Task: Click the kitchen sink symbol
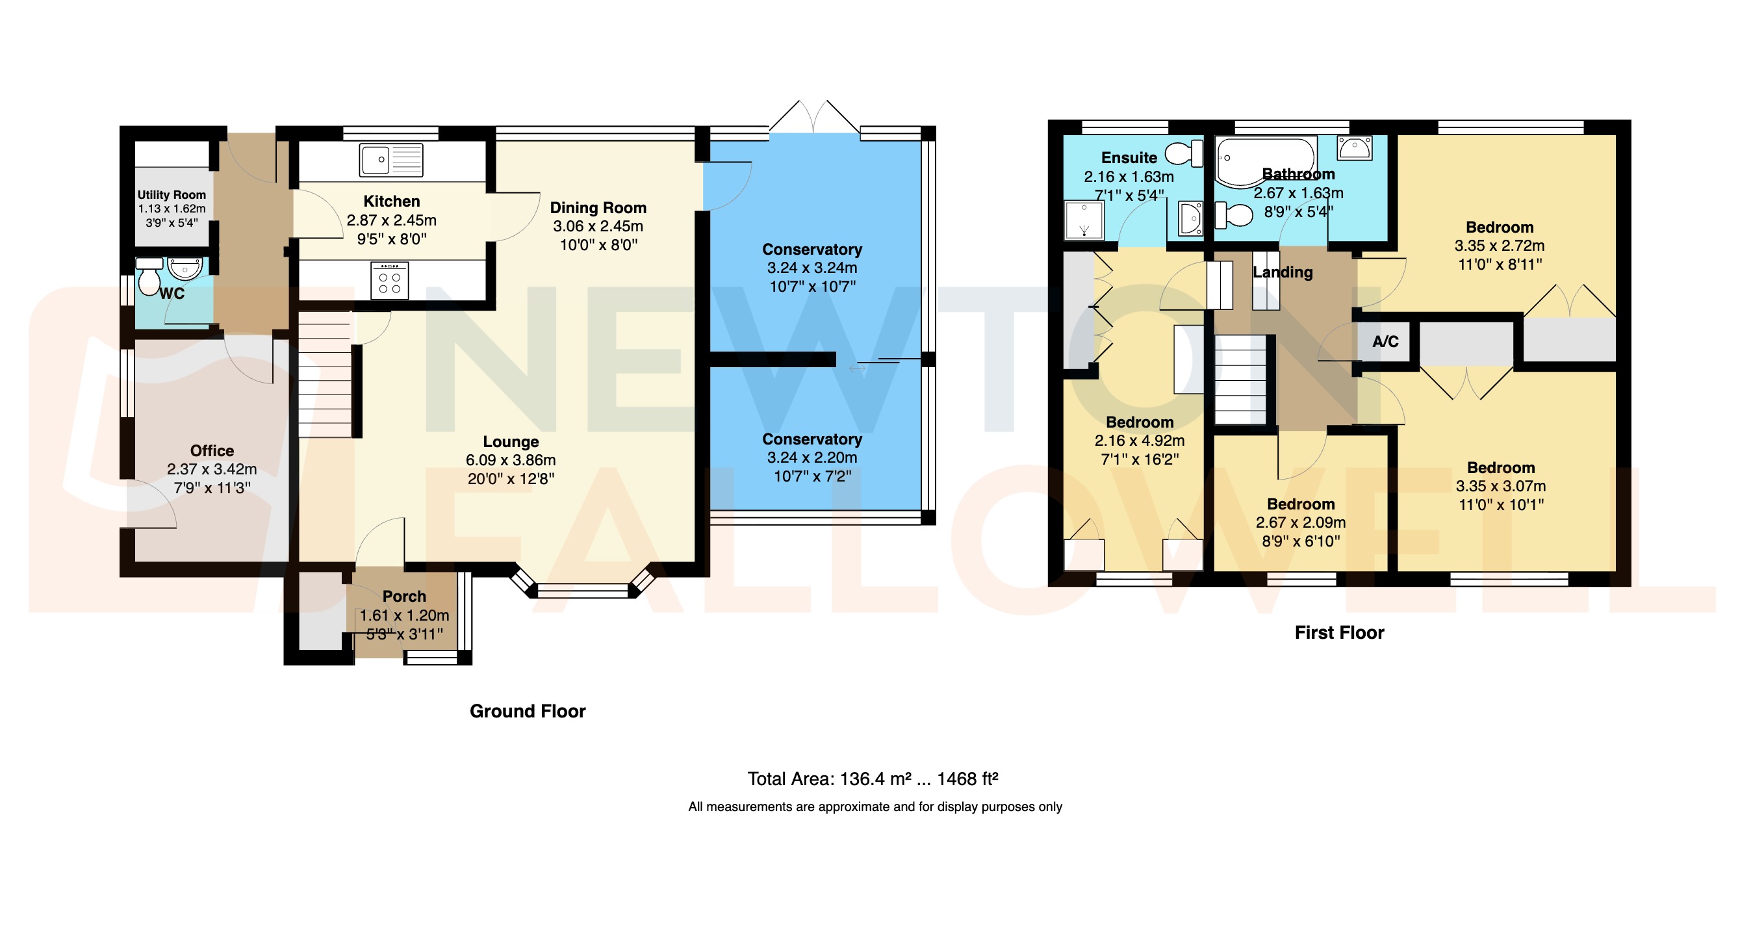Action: click(x=391, y=161)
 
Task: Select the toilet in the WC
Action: click(x=149, y=278)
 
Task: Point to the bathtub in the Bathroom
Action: click(x=1264, y=162)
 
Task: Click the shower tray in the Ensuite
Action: click(x=1084, y=220)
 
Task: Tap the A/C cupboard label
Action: click(x=1385, y=341)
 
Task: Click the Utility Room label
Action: click(x=172, y=195)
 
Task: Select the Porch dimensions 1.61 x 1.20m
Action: click(x=403, y=615)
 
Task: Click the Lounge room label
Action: click(x=511, y=441)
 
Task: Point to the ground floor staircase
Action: click(x=325, y=374)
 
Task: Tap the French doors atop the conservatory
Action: click(x=813, y=117)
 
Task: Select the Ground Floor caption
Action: click(x=527, y=711)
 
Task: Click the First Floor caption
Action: click(x=1338, y=633)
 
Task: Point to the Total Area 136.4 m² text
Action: click(x=872, y=779)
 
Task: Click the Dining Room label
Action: click(x=598, y=207)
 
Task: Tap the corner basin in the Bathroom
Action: click(x=1354, y=146)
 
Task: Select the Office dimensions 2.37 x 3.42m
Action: click(x=211, y=469)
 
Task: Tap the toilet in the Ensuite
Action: click(x=1184, y=153)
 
